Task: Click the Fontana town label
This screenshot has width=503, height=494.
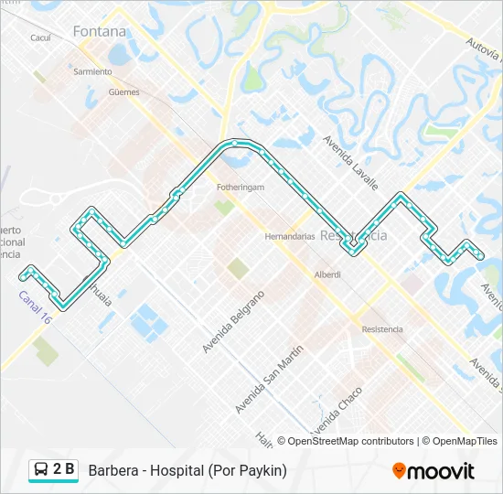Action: point(100,31)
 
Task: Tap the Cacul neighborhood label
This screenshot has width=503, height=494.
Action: point(40,38)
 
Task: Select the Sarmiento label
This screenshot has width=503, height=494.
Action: point(92,71)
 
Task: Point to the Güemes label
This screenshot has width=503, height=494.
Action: point(123,92)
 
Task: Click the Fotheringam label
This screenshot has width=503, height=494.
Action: point(241,187)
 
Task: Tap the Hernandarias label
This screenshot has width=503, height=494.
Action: point(289,235)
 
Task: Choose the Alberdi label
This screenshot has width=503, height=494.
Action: point(327,274)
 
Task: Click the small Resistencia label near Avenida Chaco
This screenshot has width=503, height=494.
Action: point(382,329)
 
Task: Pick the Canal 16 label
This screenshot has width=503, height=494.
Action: point(36,306)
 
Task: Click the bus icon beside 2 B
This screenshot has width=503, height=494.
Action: point(41,470)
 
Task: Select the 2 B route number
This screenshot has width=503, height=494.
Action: point(64,470)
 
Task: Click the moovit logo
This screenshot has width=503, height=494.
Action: point(433,471)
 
